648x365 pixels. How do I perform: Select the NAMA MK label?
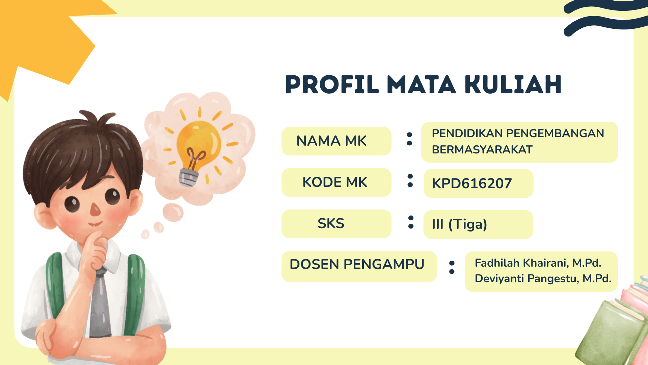pyautogui.click(x=331, y=141)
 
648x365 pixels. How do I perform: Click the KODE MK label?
pyautogui.click(x=334, y=182)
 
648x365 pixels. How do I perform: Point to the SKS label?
pyautogui.click(x=331, y=223)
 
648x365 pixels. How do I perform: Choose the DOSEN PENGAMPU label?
pyautogui.click(x=357, y=264)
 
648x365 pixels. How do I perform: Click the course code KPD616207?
pyautogui.click(x=472, y=184)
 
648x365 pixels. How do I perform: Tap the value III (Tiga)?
pyautogui.click(x=459, y=224)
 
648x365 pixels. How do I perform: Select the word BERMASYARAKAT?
pyautogui.click(x=482, y=149)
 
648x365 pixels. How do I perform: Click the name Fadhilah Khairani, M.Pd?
pyautogui.click(x=538, y=263)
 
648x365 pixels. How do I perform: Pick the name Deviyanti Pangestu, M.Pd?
pyautogui.click(x=543, y=278)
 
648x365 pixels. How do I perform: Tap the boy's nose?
pyautogui.click(x=96, y=210)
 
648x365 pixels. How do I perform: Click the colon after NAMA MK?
pyautogui.click(x=409, y=139)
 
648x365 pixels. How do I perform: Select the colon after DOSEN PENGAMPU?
pyautogui.click(x=452, y=267)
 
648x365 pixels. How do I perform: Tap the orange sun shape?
pyautogui.click(x=44, y=41)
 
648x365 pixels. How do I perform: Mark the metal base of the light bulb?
pyautogui.click(x=188, y=178)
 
